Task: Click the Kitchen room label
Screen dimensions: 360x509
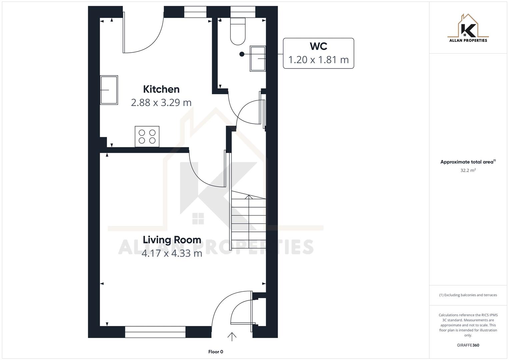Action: (161, 89)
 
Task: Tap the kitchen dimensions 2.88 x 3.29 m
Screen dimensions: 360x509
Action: (161, 102)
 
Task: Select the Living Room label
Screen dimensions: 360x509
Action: (172, 240)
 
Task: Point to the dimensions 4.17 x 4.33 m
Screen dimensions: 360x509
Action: (172, 253)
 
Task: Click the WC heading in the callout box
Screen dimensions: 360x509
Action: (318, 46)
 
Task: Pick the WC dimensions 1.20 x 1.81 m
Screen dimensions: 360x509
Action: (318, 60)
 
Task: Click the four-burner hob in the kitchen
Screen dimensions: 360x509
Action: (147, 136)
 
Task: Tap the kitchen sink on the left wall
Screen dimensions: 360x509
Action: (109, 90)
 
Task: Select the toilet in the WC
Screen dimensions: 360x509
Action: (238, 32)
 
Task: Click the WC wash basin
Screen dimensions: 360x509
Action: (258, 59)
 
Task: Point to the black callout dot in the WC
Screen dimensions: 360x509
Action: (242, 54)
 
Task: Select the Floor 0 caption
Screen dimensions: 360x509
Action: (216, 352)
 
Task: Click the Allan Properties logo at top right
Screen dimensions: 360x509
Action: (468, 29)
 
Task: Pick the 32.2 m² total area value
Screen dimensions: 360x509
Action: (468, 170)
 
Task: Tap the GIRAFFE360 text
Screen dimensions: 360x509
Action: (468, 345)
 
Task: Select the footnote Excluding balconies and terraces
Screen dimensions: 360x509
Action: (468, 295)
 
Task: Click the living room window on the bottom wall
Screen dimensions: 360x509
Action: (155, 332)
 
